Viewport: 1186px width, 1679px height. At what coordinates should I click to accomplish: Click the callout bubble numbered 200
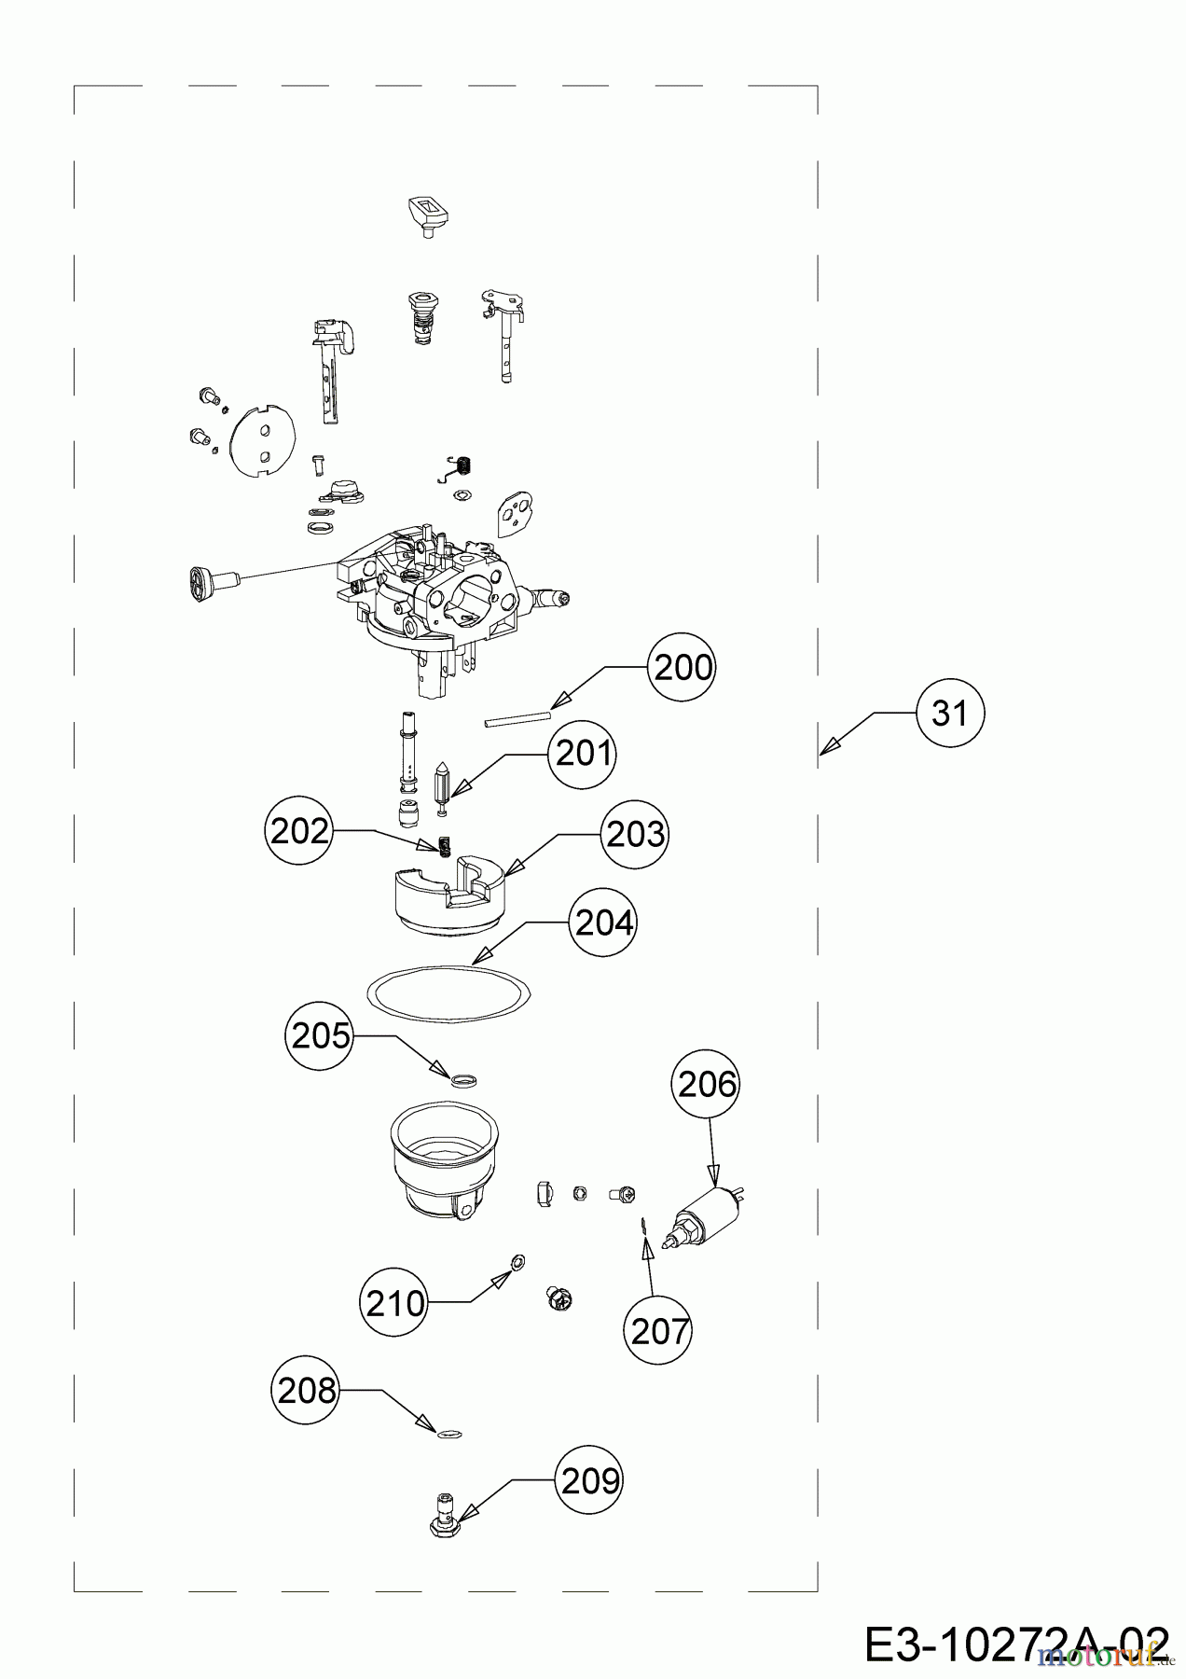point(683,668)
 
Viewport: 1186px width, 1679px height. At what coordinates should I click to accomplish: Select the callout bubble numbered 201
point(583,753)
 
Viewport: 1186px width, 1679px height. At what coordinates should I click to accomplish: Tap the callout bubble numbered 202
point(299,831)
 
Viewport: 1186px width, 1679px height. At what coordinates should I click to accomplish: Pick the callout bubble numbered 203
point(635,834)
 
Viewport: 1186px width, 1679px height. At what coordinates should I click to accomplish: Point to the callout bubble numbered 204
point(604,923)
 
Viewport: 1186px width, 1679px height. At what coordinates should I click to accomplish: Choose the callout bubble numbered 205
point(321,1035)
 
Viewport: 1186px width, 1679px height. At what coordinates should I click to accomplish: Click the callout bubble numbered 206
point(707,1084)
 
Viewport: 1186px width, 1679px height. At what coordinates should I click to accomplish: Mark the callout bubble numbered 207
point(659,1331)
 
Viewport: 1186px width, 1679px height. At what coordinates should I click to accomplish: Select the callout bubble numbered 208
point(306,1391)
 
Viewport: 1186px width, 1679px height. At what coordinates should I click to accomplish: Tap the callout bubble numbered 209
point(589,1480)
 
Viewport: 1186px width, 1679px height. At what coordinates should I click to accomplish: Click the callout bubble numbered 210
point(394,1302)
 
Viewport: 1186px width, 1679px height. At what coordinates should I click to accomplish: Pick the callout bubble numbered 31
point(949,714)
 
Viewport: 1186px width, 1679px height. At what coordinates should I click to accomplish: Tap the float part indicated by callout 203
point(447,896)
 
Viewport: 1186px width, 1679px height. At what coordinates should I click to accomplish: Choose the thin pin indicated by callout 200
point(517,718)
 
